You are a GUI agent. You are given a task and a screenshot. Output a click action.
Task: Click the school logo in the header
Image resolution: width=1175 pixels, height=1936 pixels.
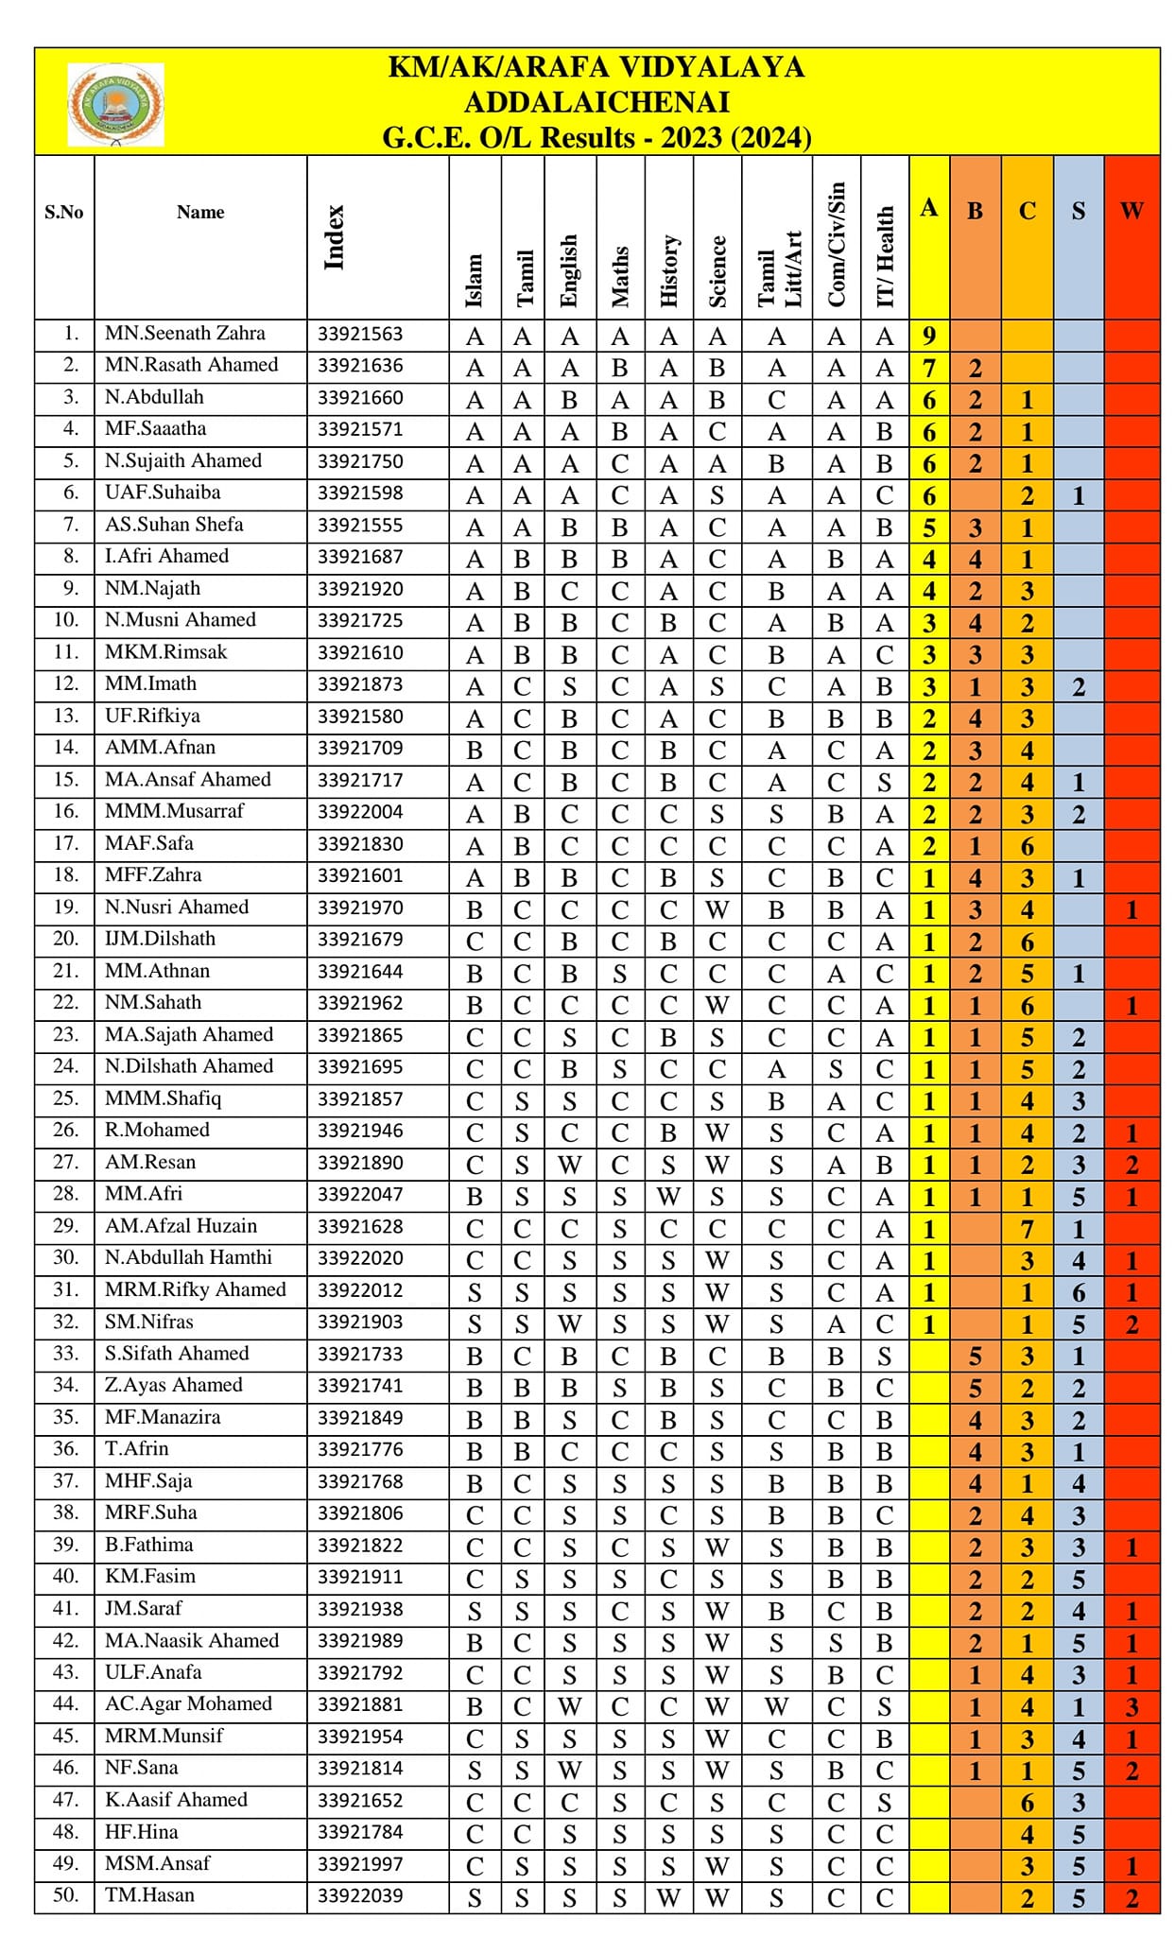click(x=115, y=104)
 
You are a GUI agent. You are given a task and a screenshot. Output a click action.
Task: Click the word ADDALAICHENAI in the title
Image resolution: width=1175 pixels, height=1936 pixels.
click(x=596, y=102)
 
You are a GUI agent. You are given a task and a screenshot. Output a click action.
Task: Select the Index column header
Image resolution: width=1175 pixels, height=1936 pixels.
click(x=334, y=237)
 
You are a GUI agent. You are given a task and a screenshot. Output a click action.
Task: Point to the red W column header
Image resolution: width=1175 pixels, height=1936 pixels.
click(x=1132, y=211)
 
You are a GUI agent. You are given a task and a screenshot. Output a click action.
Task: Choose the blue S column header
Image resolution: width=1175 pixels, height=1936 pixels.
click(x=1079, y=211)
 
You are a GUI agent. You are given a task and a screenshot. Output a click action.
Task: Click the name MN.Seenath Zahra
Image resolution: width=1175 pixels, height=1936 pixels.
click(x=185, y=334)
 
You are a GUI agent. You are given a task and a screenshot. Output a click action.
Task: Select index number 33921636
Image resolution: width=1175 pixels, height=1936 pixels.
click(x=360, y=366)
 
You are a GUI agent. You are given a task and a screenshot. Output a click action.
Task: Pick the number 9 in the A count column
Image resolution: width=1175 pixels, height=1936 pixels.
click(x=929, y=336)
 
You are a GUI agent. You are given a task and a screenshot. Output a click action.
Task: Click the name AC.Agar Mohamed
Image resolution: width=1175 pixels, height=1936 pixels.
click(x=188, y=1704)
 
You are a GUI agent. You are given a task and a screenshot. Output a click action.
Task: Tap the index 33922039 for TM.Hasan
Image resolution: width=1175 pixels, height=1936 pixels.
click(x=360, y=1895)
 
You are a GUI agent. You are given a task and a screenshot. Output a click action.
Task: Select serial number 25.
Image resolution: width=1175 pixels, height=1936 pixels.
click(x=65, y=1098)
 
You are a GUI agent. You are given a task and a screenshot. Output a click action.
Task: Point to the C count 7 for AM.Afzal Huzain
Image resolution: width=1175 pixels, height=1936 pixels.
click(x=1027, y=1229)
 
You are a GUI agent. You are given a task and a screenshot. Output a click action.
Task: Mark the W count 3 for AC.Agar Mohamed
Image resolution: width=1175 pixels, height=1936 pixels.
click(x=1132, y=1707)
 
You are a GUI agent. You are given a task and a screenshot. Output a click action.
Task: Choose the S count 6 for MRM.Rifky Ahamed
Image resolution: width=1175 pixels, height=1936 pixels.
click(x=1079, y=1292)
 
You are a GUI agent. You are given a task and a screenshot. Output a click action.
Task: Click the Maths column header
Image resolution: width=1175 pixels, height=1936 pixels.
click(x=620, y=276)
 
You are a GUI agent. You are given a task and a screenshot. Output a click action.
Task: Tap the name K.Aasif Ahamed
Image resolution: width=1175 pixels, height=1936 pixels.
click(x=176, y=1800)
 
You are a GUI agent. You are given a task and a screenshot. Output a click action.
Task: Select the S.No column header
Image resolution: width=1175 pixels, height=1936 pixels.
click(x=64, y=212)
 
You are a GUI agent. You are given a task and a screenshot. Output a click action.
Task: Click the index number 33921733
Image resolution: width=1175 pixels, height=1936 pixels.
click(x=360, y=1355)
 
